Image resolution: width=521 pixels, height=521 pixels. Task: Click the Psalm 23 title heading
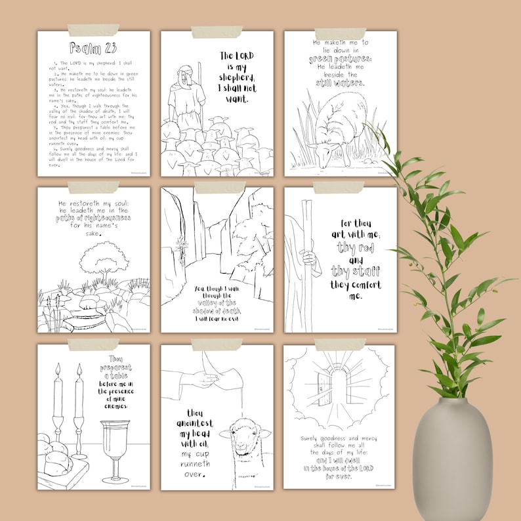tap(93, 49)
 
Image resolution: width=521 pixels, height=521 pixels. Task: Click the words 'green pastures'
tap(340, 58)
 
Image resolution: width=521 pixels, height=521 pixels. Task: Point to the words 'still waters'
tap(340, 83)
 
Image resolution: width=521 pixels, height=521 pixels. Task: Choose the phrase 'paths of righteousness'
tap(93, 217)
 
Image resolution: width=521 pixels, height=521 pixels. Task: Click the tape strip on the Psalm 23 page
tap(93, 30)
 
